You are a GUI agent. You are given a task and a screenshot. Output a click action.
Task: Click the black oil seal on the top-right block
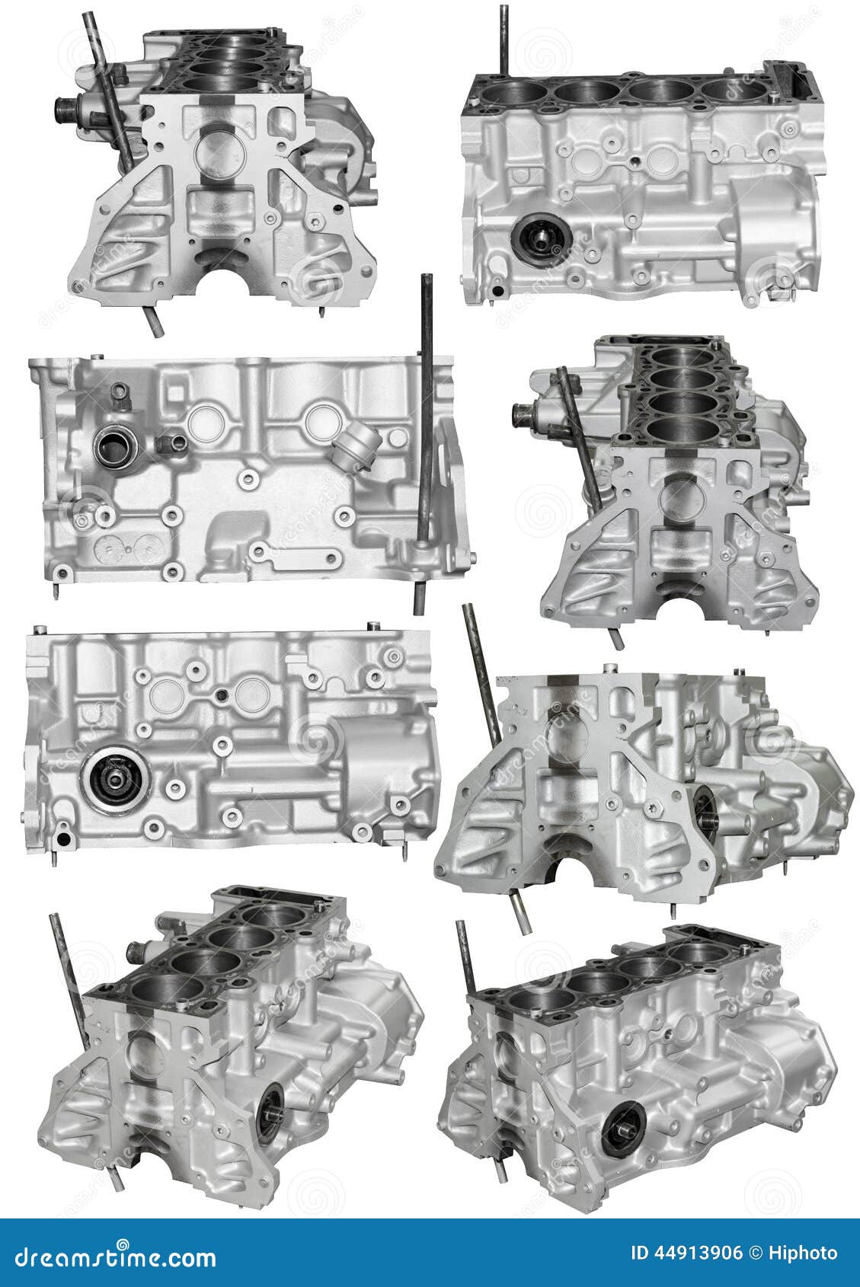(x=540, y=241)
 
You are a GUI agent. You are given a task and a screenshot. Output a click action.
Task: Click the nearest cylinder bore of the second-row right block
(x=683, y=431)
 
